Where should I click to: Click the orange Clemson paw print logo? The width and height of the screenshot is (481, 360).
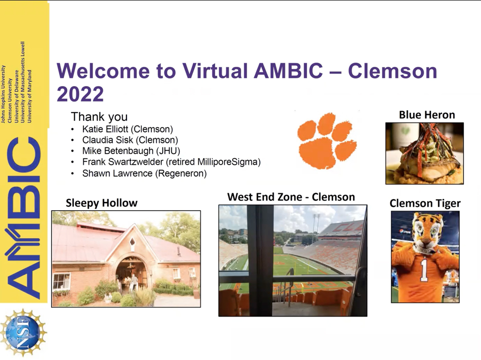click(326, 141)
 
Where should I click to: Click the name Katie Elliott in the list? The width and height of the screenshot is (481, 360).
click(127, 129)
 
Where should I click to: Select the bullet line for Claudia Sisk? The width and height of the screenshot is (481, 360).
click(130, 140)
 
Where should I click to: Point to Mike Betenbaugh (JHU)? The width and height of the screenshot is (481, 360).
click(131, 151)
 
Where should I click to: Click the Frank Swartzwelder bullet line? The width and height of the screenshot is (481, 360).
click(171, 163)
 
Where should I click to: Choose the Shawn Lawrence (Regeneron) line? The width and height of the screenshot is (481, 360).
click(144, 174)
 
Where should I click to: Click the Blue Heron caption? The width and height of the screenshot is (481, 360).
click(427, 115)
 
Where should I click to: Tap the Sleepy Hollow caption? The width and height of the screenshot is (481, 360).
click(102, 203)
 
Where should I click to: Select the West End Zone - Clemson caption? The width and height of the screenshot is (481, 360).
click(291, 196)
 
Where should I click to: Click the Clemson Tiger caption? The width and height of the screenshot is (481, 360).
click(425, 204)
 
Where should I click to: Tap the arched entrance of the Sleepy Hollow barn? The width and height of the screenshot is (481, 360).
click(131, 276)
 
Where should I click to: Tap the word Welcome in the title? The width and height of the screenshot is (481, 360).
click(105, 71)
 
